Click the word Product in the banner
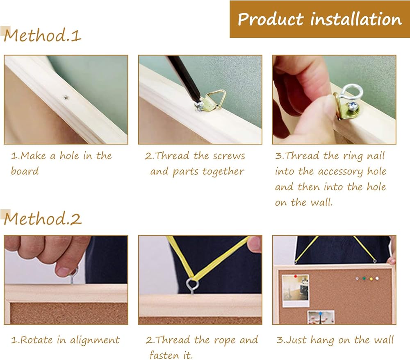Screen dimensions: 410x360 (271, 19)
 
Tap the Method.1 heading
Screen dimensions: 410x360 (42, 35)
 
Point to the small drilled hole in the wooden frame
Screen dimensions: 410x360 (65, 98)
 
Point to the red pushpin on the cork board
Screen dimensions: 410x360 (296, 276)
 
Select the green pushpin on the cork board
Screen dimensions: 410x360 (364, 279)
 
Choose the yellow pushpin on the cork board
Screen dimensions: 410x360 (371, 279)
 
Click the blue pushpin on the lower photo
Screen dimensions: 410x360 (320, 313)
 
